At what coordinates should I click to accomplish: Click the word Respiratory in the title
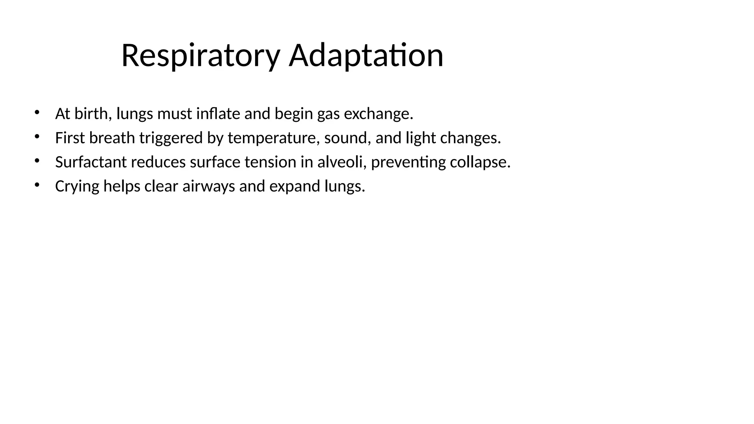point(201,56)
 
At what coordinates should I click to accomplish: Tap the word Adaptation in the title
point(366,56)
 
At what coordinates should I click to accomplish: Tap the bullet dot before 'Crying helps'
point(36,185)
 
